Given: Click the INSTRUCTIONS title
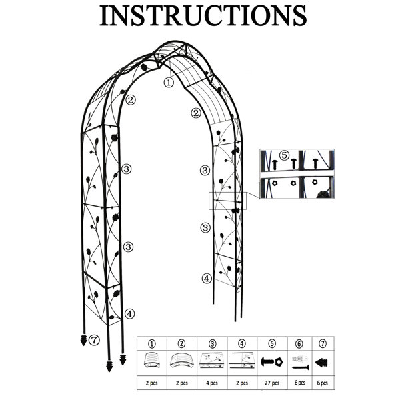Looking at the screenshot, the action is (203, 15).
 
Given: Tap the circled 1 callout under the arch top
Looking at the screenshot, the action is (169, 83).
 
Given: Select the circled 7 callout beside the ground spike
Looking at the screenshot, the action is (95, 340).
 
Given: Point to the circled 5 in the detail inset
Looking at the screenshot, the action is (284, 155).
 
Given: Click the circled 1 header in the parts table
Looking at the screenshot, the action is (152, 344).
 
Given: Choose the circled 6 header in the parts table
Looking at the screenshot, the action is (299, 344).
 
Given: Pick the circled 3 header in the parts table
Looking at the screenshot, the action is (212, 344).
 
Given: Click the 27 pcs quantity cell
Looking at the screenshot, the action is (272, 383).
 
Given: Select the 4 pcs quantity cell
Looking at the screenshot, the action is (212, 383).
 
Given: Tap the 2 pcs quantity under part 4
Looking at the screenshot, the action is (242, 383).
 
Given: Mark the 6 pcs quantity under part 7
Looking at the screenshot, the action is (323, 383).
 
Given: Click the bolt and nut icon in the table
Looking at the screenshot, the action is (272, 362).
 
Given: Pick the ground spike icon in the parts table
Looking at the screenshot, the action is (321, 363).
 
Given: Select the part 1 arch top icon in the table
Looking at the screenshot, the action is (152, 360).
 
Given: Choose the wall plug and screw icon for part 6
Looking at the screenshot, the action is (300, 362).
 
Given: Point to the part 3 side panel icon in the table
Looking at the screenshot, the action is (212, 361).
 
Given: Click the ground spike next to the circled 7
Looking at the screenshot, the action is (83, 340).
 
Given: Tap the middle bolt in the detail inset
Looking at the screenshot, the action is (293, 163).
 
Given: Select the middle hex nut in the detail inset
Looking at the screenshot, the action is (293, 183).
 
